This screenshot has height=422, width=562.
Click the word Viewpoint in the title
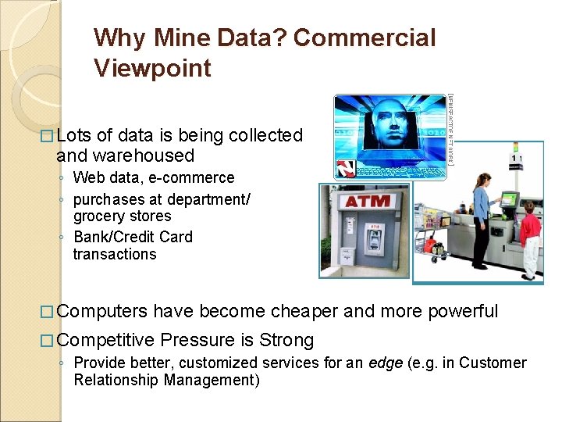[152, 68]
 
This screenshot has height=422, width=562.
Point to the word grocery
[98, 216]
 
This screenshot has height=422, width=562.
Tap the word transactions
[115, 254]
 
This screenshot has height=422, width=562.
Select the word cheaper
[304, 311]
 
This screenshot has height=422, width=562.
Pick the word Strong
[286, 340]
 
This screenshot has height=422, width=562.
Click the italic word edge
[387, 363]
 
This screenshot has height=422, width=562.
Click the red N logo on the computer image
[345, 168]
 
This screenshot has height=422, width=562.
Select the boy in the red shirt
[530, 238]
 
